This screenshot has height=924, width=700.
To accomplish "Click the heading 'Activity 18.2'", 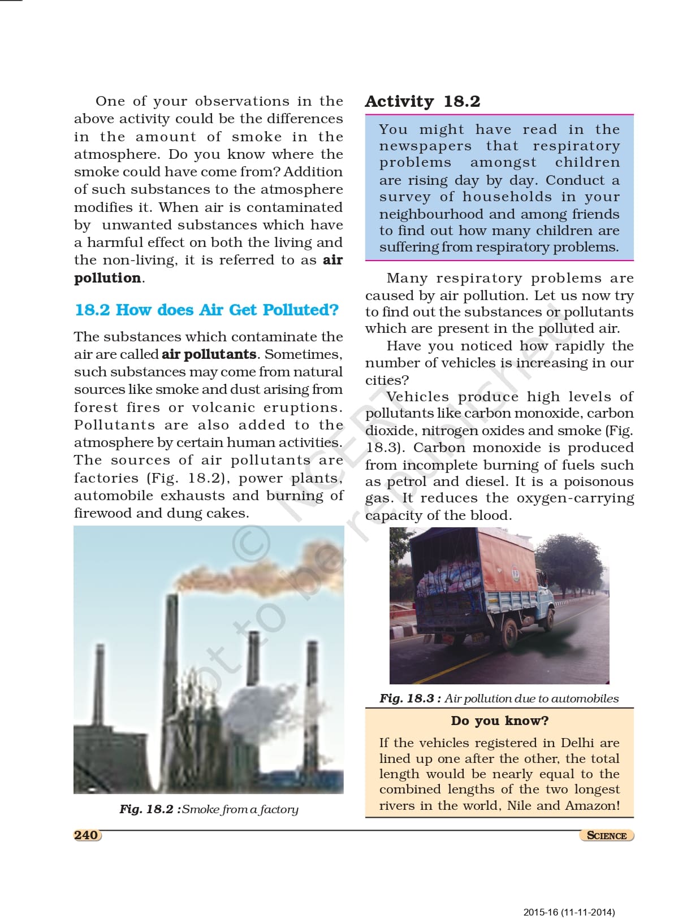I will [x=422, y=101].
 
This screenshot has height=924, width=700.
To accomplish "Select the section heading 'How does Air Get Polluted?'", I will [x=227, y=310].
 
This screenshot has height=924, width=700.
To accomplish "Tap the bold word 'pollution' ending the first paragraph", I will [x=107, y=278].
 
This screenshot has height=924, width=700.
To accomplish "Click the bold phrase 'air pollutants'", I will [x=209, y=354].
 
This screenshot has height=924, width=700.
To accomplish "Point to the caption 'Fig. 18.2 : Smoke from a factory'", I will [x=209, y=809].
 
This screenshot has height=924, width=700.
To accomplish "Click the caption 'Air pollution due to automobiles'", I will [x=531, y=699].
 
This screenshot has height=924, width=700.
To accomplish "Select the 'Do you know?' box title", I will [x=499, y=721].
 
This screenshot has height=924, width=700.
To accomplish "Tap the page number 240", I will [x=86, y=835].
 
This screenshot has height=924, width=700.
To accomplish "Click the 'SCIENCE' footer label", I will [x=606, y=836].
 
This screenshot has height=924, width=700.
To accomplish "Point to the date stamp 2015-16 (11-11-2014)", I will [x=569, y=912].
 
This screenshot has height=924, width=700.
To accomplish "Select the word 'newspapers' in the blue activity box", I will [x=425, y=146].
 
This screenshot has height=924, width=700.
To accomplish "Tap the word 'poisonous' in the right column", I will [x=598, y=482].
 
